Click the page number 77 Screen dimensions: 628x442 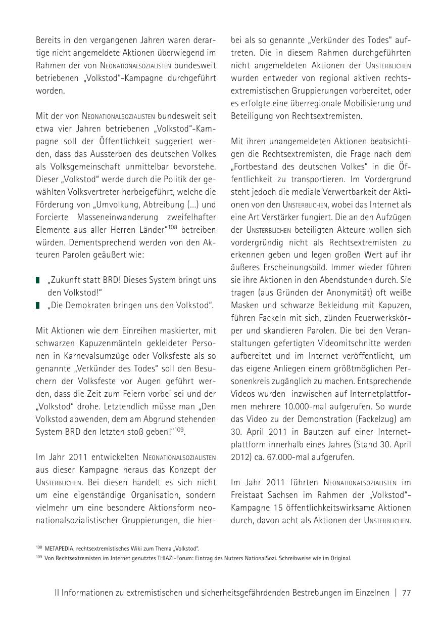[406, 593]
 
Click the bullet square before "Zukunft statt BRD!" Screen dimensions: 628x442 [38, 280]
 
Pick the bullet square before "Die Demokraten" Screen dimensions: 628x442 [38, 305]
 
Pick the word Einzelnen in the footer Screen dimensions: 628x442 [372, 593]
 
